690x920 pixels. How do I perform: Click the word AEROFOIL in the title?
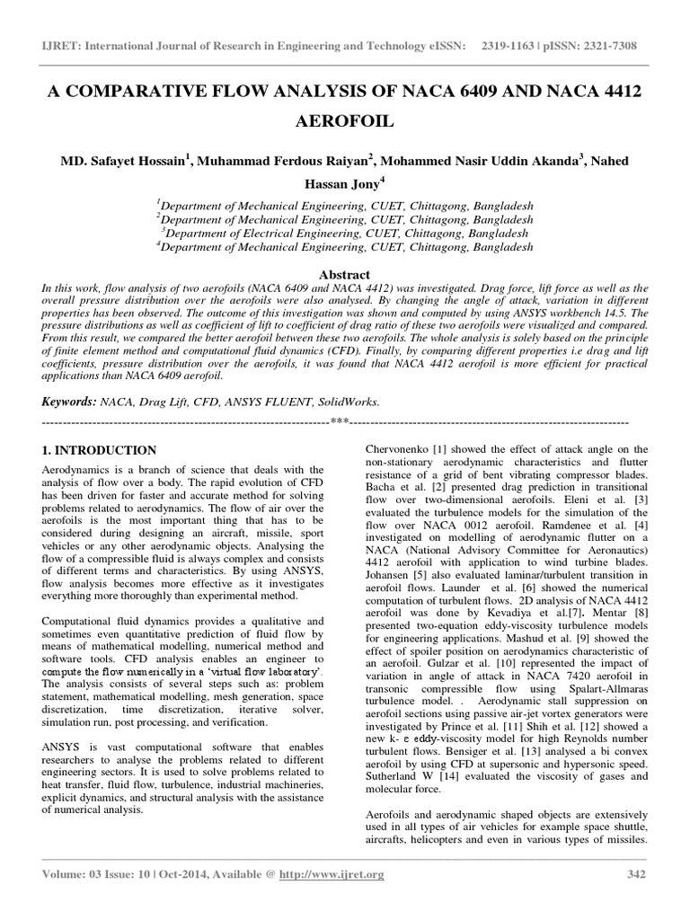coord(345,121)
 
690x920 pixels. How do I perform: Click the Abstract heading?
coord(344,274)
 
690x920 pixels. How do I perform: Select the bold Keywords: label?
coord(70,402)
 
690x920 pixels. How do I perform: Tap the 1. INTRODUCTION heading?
coord(100,450)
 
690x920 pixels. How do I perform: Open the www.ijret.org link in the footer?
coord(337,874)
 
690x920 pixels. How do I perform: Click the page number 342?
coord(635,874)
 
